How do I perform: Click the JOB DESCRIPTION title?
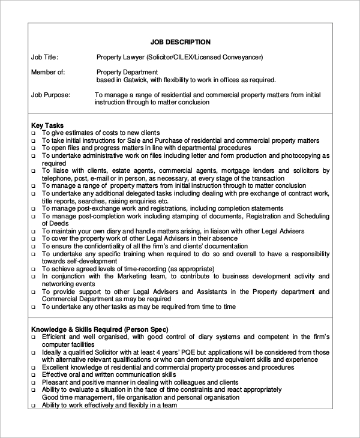(x=180, y=42)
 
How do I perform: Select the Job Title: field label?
(x=45, y=57)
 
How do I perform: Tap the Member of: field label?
(x=49, y=72)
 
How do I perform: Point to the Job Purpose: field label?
(x=51, y=95)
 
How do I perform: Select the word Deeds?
(x=53, y=223)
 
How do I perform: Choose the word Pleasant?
(x=57, y=382)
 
